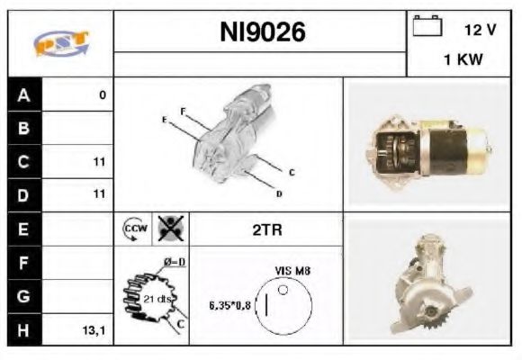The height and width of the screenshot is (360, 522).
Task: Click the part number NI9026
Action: [263, 33]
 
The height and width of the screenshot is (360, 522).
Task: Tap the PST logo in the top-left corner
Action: [60, 42]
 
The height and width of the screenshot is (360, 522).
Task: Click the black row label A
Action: [22, 95]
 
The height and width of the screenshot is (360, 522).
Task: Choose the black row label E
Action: [22, 229]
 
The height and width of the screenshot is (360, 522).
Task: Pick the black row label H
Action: [22, 330]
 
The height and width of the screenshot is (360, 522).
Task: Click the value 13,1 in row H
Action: [94, 330]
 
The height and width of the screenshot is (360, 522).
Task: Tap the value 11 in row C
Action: [99, 162]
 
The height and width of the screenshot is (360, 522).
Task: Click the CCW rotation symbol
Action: [132, 229]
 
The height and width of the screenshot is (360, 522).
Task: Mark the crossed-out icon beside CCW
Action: [169, 229]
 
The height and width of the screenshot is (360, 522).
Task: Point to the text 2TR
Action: [266, 230]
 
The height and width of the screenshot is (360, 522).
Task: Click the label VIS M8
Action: [292, 270]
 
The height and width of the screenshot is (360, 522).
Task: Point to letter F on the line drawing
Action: [183, 111]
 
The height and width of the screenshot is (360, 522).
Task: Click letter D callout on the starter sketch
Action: [279, 193]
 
